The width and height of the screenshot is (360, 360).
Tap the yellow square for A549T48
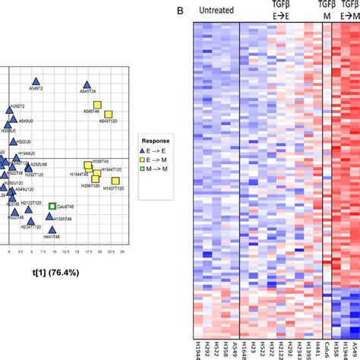click(x=97, y=105)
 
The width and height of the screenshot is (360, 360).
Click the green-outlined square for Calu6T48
click(x=52, y=206)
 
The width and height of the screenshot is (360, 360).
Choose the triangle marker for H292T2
click(x=10, y=111)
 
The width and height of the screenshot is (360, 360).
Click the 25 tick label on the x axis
click(x=122, y=251)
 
